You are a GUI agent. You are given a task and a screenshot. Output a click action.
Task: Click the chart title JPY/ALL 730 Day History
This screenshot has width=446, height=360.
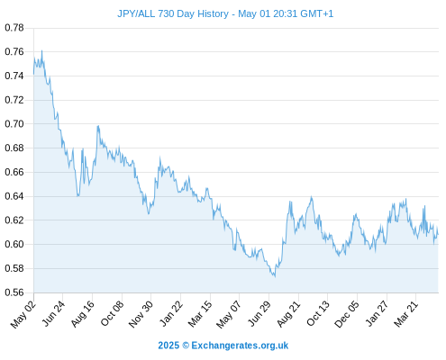[173, 13]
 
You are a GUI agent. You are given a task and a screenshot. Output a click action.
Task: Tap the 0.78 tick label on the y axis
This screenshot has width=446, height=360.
[14, 28]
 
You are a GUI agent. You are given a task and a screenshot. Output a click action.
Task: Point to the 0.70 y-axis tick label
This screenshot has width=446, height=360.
[14, 123]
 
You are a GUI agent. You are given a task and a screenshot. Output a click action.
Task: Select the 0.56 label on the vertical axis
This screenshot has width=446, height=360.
[14, 292]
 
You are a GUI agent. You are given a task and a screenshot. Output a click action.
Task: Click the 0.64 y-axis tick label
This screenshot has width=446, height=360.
[14, 196]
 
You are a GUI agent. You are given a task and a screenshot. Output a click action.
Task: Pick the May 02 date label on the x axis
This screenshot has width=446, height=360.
[23, 314]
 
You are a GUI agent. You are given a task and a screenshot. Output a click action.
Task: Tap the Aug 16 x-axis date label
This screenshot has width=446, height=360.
[83, 314]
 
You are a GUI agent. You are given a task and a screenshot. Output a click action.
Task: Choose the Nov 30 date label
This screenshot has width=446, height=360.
[141, 314]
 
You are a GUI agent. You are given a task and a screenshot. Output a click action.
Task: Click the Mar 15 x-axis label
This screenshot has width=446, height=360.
[200, 314]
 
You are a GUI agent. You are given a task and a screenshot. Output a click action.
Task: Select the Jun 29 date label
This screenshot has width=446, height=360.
[259, 314]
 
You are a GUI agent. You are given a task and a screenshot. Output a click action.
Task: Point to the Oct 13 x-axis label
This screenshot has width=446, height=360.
[318, 314]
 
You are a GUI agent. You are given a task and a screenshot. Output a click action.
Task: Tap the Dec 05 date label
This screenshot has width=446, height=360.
[347, 314]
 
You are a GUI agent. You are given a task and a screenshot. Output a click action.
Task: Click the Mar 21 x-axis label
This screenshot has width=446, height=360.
[406, 314]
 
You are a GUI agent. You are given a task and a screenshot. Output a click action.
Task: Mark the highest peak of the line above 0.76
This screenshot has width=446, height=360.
[41, 50]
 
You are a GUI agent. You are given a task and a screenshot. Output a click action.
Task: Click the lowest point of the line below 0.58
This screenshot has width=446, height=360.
[275, 276]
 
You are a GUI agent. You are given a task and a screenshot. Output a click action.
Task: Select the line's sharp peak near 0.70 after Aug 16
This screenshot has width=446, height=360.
[98, 126]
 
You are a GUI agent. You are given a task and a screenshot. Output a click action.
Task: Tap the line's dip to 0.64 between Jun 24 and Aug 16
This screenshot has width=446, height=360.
[77, 196]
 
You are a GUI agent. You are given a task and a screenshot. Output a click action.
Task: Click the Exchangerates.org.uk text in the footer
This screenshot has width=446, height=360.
[240, 346]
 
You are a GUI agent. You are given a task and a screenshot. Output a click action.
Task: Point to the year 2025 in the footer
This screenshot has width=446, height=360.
[168, 346]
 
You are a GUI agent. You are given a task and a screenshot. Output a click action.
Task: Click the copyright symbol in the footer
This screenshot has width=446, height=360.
[186, 346]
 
